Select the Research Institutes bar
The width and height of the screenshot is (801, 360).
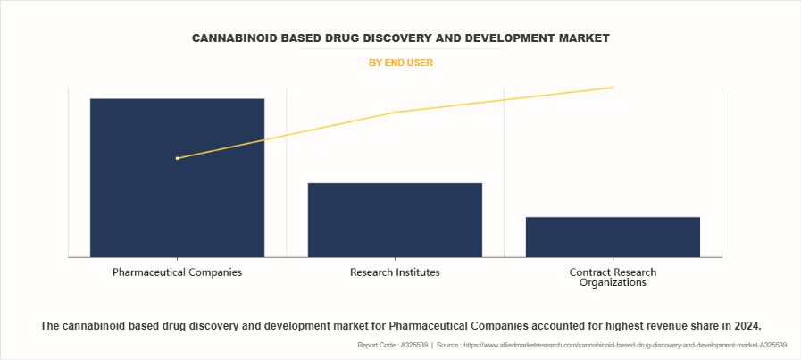pyautogui.click(x=395, y=220)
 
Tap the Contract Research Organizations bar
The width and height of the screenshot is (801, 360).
pyautogui.click(x=613, y=237)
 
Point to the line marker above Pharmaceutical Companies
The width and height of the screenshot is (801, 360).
pyautogui.click(x=178, y=158)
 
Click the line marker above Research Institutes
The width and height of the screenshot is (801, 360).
pyautogui.click(x=396, y=112)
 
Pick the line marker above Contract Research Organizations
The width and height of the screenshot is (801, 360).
pyautogui.click(x=613, y=88)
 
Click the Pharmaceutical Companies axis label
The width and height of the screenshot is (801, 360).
pyautogui.click(x=177, y=272)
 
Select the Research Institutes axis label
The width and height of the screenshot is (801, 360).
pyautogui.click(x=395, y=272)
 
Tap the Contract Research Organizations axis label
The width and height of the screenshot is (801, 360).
pyautogui.click(x=613, y=277)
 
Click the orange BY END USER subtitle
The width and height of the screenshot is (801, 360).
pyautogui.click(x=400, y=63)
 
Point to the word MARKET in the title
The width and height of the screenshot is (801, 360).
pyautogui.click(x=583, y=38)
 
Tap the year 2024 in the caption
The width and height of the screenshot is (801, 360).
pyautogui.click(x=746, y=326)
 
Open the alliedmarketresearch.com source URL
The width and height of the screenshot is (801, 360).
pyautogui.click(x=630, y=345)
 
